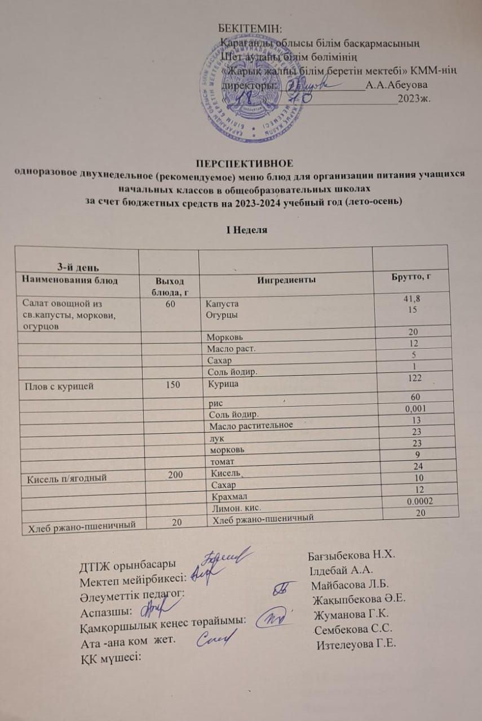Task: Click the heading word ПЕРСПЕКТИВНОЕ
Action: [244, 164]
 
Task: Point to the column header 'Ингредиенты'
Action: [286, 279]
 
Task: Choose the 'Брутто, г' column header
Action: [412, 277]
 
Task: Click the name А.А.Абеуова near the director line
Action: [396, 85]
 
